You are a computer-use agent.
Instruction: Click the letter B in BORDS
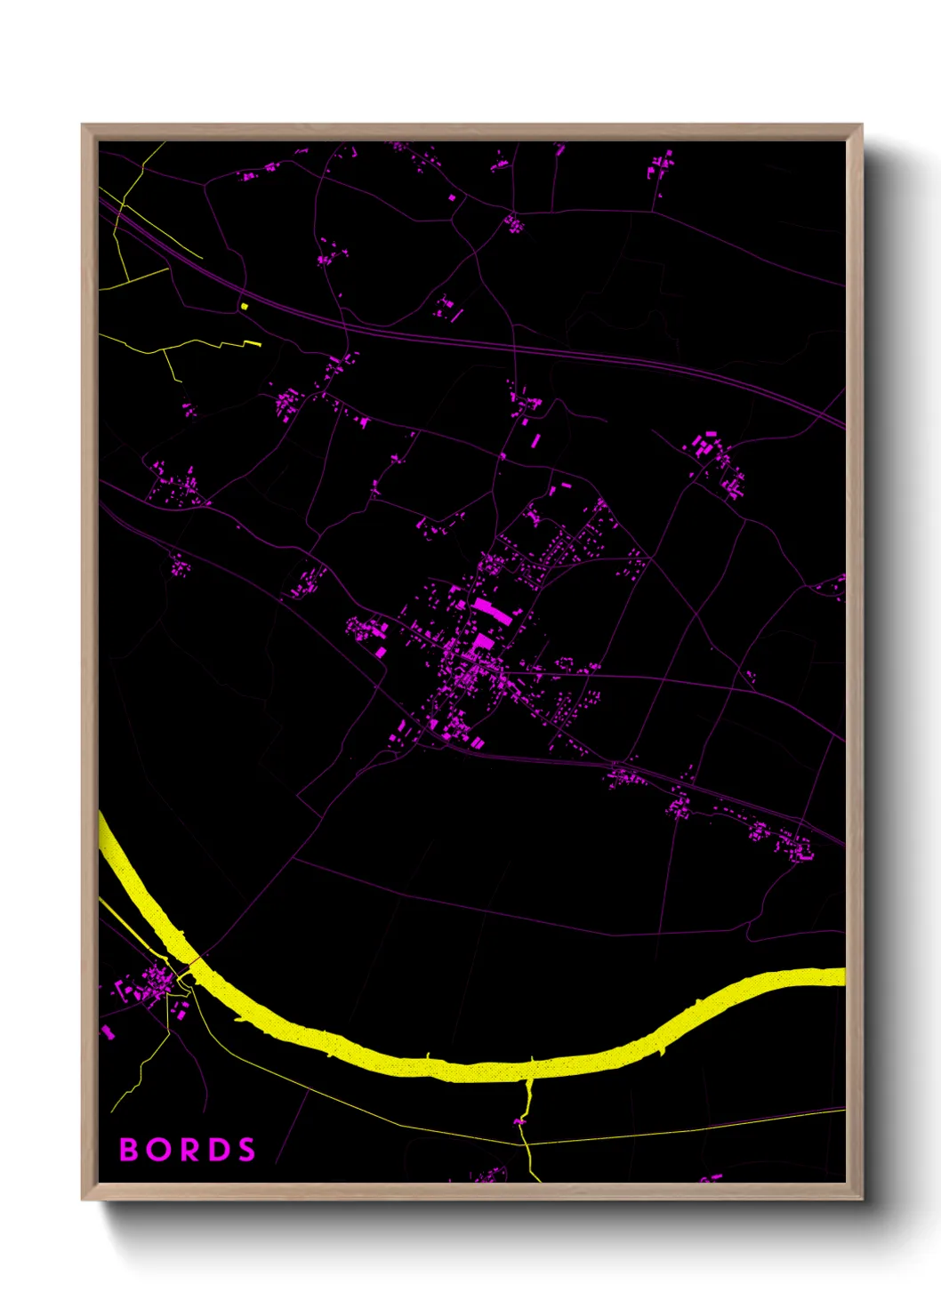130,1150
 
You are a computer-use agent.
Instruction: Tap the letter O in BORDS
160,1150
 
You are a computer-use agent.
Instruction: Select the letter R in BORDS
189,1150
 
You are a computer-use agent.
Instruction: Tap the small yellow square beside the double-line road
244,306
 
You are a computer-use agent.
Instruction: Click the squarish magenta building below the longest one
481,641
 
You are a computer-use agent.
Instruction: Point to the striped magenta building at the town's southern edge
478,742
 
